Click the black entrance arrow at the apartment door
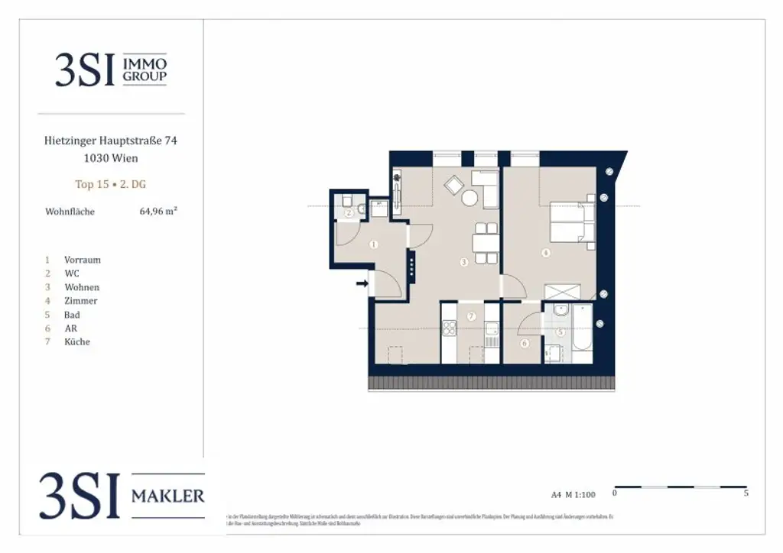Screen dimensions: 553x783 coord(362,285)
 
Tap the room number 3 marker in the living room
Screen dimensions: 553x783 coord(464,262)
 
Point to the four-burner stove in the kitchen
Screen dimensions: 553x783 coord(449,331)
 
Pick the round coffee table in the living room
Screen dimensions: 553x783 coord(469,198)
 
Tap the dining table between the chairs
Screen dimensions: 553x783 coord(484,244)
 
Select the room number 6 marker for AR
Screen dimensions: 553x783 coord(525,344)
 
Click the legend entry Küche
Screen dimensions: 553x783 coord(76,342)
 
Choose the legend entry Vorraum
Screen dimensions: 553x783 coord(82,260)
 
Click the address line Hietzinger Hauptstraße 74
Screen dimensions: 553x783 coord(112,141)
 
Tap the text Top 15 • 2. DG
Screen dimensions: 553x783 coord(110,184)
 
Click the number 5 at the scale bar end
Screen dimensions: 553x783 coord(746,493)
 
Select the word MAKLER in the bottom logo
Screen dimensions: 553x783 coord(167,496)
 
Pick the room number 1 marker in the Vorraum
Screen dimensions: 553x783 coord(373,244)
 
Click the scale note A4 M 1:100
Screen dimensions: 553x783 coord(573,495)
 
